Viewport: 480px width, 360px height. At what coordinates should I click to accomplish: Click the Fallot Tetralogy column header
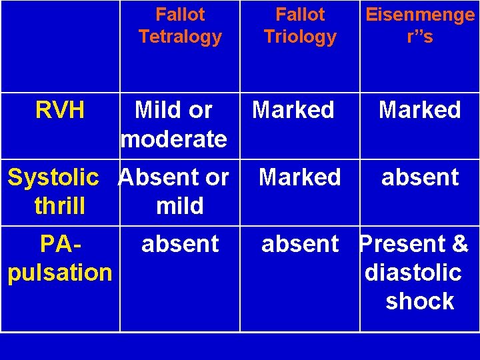click(180, 25)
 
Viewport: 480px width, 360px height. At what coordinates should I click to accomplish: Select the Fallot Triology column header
click(300, 25)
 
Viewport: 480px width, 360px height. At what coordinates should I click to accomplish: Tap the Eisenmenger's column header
click(420, 25)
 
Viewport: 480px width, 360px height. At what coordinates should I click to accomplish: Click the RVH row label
click(60, 110)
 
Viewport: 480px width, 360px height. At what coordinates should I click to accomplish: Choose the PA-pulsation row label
click(60, 258)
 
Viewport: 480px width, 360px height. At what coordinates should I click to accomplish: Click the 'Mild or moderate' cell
click(173, 125)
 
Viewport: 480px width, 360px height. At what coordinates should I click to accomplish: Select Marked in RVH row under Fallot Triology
click(293, 110)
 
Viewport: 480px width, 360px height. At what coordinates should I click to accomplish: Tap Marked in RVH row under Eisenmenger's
click(420, 110)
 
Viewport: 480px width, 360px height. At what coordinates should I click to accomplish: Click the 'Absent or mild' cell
click(173, 191)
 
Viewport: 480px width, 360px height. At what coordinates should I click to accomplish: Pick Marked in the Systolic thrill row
click(300, 177)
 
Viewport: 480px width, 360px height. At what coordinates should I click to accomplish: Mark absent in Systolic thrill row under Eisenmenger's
click(420, 177)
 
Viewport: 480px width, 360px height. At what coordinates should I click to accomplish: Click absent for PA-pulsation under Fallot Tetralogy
click(180, 244)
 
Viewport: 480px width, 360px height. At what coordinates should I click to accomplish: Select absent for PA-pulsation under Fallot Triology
click(300, 244)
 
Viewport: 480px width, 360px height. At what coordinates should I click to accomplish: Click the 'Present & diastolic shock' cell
click(415, 273)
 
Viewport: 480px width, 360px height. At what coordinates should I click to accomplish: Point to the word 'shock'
click(420, 301)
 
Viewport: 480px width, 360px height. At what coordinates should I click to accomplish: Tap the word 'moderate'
click(173, 139)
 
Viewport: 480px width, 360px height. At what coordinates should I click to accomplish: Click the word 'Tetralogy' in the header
click(180, 37)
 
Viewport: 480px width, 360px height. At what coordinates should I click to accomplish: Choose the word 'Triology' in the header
click(300, 37)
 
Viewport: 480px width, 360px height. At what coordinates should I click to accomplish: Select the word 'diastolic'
click(413, 273)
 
